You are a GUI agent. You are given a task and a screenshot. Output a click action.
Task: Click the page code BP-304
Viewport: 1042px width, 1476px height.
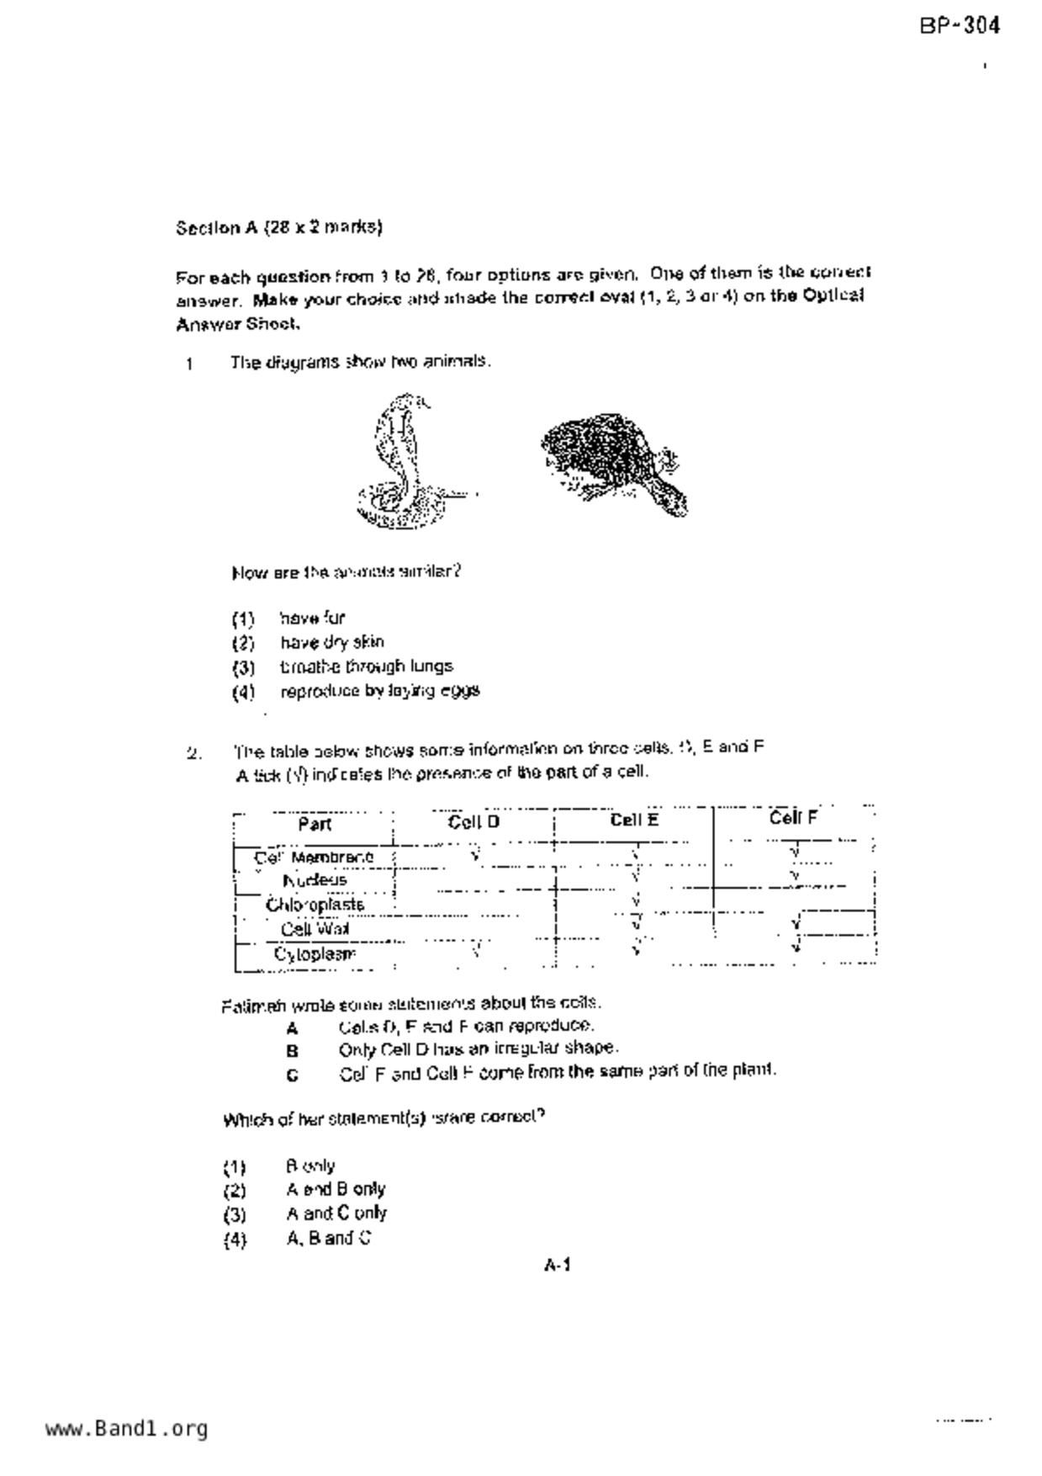click(x=960, y=26)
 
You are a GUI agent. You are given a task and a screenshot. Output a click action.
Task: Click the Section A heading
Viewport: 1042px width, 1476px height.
click(x=278, y=227)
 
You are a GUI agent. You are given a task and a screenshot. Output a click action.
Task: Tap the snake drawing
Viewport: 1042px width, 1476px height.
click(x=402, y=462)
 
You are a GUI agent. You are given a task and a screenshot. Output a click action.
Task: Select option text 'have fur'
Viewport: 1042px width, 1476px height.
click(x=312, y=619)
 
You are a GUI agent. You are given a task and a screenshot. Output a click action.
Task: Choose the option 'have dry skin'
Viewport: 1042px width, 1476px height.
click(x=332, y=643)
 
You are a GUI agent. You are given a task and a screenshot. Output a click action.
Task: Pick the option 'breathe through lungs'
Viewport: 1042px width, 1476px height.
click(x=366, y=667)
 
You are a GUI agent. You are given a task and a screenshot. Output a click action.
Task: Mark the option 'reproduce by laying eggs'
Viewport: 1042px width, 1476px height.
click(x=379, y=692)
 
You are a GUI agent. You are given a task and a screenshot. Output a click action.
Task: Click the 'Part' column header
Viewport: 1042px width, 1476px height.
click(x=315, y=825)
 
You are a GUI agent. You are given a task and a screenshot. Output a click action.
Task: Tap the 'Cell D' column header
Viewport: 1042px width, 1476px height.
click(x=473, y=822)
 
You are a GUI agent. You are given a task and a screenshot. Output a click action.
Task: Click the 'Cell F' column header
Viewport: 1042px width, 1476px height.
click(x=793, y=818)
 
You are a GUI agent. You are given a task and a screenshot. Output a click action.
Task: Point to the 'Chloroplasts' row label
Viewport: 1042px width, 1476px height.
click(x=315, y=905)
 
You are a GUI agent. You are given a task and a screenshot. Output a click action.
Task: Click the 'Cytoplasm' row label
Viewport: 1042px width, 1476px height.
click(x=315, y=954)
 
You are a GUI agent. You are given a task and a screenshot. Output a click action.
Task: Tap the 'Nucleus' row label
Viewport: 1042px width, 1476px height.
click(x=315, y=881)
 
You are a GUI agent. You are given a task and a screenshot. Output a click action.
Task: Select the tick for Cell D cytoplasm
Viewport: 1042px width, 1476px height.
click(x=476, y=950)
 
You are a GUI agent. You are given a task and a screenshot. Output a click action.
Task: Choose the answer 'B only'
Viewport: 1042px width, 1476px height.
click(x=310, y=1166)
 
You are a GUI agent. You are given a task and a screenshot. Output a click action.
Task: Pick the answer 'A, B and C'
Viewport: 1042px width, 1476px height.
click(x=328, y=1239)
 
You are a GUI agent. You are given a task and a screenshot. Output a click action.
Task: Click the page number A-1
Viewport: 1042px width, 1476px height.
click(x=558, y=1265)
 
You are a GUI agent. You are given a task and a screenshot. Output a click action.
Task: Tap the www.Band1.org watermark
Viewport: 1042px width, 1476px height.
click(x=126, y=1429)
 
